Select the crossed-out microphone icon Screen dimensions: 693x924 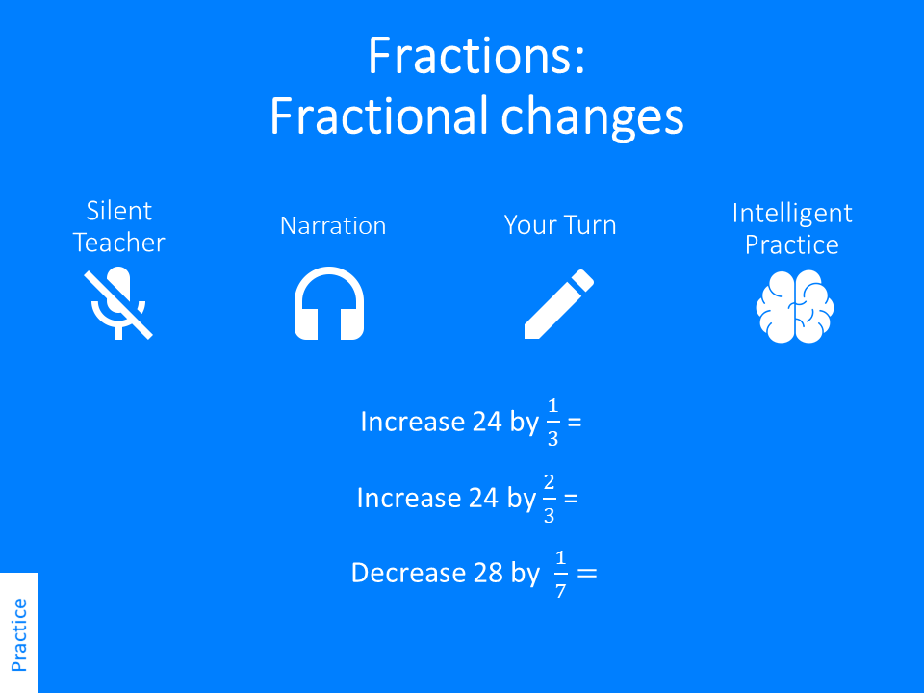click(x=118, y=304)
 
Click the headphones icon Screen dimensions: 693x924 click(x=328, y=304)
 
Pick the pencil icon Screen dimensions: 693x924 click(x=558, y=304)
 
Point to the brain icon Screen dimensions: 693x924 click(x=794, y=306)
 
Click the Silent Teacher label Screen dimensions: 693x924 click(x=118, y=226)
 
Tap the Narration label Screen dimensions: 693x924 click(x=333, y=226)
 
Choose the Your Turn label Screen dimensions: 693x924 click(x=560, y=226)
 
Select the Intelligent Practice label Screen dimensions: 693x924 click(x=792, y=228)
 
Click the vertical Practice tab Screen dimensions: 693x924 click(x=18, y=633)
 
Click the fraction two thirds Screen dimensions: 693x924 click(x=549, y=499)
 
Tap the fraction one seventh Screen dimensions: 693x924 click(x=560, y=575)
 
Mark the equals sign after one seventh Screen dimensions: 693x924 click(x=586, y=574)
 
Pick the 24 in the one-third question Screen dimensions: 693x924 click(x=487, y=423)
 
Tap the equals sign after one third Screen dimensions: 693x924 click(x=576, y=423)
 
